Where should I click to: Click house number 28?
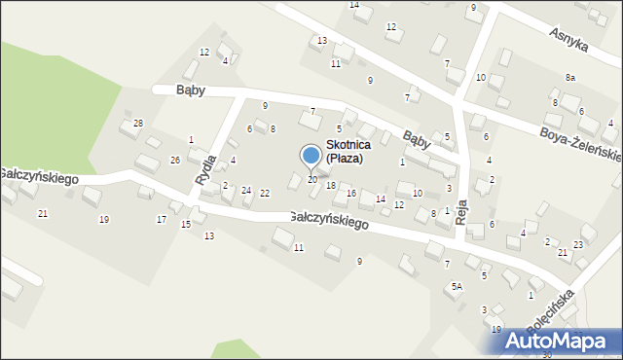(x=138, y=123)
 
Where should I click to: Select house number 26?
(x=175, y=160)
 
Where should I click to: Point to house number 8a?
(x=569, y=77)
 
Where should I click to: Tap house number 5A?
(x=456, y=287)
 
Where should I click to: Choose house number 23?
(x=578, y=244)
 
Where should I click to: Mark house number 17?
(x=162, y=219)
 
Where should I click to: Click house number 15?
(x=186, y=225)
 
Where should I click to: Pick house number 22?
(x=265, y=193)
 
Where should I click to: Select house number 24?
(x=246, y=190)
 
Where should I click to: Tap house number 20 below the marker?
(x=311, y=180)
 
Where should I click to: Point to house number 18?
(x=331, y=186)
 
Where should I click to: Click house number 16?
(x=351, y=194)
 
